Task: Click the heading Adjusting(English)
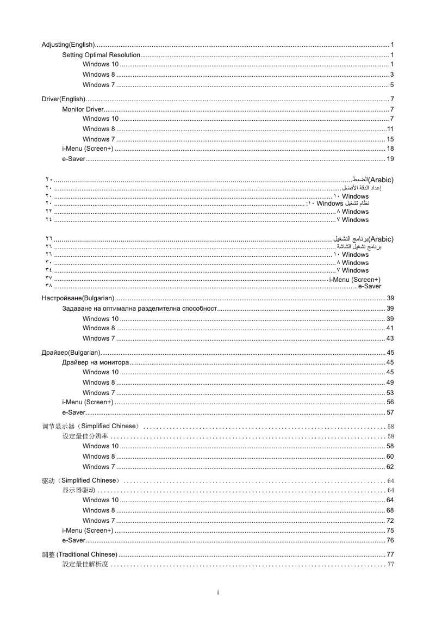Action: (x=68, y=44)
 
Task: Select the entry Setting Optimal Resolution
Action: (x=101, y=55)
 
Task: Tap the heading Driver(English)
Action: (x=64, y=99)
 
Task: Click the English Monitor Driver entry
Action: (x=83, y=109)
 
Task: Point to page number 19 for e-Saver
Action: (x=390, y=159)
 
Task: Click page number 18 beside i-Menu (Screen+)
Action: (x=390, y=149)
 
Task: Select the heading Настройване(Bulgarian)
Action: (x=78, y=298)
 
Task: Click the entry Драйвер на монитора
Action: (x=95, y=362)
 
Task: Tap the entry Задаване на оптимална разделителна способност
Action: (x=140, y=309)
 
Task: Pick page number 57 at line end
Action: (x=390, y=412)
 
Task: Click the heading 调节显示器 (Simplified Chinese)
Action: (x=91, y=425)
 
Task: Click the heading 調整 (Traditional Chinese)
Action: (x=79, y=554)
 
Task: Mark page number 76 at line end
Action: (x=390, y=540)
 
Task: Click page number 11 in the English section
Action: (x=390, y=129)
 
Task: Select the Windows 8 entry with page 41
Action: (x=98, y=328)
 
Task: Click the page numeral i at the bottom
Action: (x=217, y=592)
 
